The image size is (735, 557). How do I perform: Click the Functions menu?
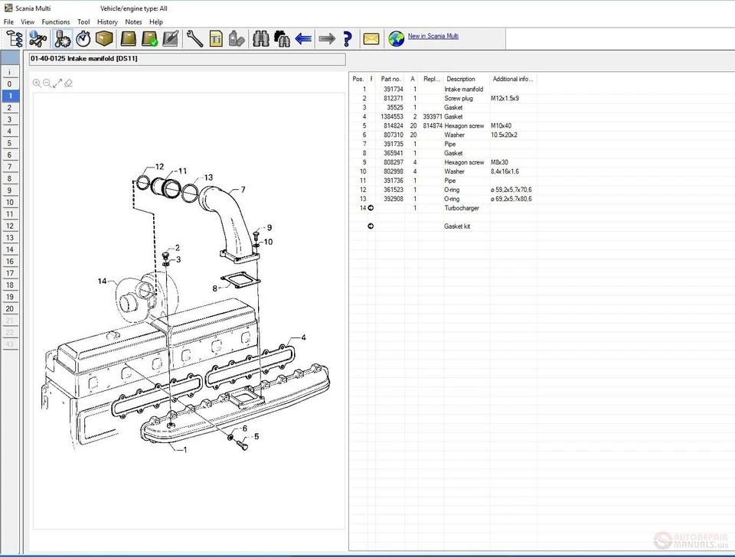tap(56, 22)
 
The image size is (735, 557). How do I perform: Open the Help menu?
tap(156, 22)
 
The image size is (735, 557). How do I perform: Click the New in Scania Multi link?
tap(433, 36)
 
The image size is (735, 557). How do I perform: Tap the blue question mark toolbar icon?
tap(348, 38)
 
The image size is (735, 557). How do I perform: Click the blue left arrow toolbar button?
tap(303, 38)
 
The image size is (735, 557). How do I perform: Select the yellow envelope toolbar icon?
tap(371, 38)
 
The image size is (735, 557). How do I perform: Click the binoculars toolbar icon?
tap(260, 38)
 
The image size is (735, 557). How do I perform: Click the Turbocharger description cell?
tap(462, 208)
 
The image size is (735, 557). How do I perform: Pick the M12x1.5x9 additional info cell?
tap(505, 99)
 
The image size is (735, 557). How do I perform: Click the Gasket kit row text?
tap(457, 226)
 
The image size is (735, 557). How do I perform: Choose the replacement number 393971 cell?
tap(432, 117)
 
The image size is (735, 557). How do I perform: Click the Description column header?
tap(461, 79)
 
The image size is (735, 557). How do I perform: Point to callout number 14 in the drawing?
tap(102, 282)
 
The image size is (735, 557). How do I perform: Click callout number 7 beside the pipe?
tap(243, 190)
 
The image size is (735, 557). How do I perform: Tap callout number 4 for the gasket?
tap(303, 337)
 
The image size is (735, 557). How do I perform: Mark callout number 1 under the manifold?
tap(184, 450)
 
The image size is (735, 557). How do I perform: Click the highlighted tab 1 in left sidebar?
tap(10, 96)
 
